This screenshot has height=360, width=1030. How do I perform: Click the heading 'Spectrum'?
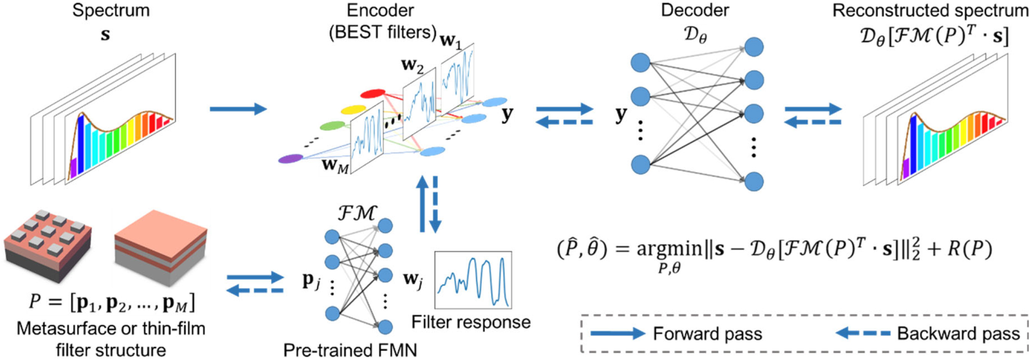pos(111,10)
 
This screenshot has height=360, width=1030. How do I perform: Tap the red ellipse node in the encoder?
pos(372,94)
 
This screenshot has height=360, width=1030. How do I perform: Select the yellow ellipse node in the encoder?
pos(353,110)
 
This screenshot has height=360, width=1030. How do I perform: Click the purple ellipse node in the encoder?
pos(290,159)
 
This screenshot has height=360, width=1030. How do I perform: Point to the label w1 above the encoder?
pos(451,40)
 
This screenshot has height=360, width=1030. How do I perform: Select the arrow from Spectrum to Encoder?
pos(238,109)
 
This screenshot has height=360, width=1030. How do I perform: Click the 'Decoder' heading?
pos(695,10)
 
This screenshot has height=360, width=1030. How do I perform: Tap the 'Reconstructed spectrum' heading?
pos(930,10)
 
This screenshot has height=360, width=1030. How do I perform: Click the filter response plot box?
pos(473,280)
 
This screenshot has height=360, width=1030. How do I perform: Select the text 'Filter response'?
pos(471,322)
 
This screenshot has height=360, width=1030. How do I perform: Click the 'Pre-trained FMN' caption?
pos(350,350)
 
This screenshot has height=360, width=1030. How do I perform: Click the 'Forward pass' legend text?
pos(707,334)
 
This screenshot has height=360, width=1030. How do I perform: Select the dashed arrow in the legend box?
pos(863,334)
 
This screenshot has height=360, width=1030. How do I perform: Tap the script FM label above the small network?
pos(357,212)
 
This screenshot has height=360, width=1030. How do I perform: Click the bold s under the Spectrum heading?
pos(105,35)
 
